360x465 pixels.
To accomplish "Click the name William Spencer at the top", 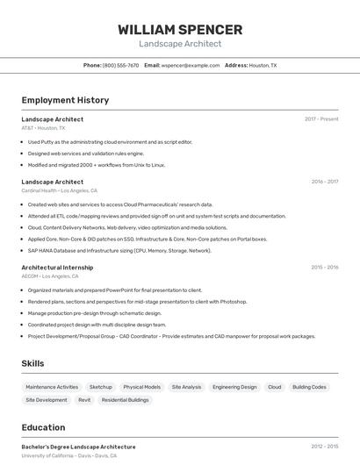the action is point(180,30).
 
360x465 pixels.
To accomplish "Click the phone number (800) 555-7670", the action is point(120,65).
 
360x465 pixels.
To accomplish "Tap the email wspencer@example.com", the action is point(189,65).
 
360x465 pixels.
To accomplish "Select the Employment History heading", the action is point(65,100).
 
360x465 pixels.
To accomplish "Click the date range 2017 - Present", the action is point(321,119).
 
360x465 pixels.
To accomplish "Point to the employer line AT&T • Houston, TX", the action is point(43,128).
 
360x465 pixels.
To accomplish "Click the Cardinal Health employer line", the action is point(59,190).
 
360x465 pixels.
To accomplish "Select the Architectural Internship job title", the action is point(57,267).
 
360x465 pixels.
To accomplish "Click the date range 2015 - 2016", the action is point(324,267).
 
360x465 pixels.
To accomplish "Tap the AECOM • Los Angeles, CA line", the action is point(50,276).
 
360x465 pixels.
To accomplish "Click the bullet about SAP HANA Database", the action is point(119,250).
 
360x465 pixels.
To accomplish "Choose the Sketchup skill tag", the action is point(101,387).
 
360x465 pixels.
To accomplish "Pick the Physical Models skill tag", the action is point(141,387).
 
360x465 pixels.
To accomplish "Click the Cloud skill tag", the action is point(275,387).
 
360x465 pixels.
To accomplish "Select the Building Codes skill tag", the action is point(309,387).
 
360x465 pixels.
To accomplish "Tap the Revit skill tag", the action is point(84,400).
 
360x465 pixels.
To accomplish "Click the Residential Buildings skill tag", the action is point(126,400).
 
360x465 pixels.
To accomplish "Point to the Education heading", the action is point(43,427).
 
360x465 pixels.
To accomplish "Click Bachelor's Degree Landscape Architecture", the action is point(78,447).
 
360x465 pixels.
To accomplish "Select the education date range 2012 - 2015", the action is point(324,447).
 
